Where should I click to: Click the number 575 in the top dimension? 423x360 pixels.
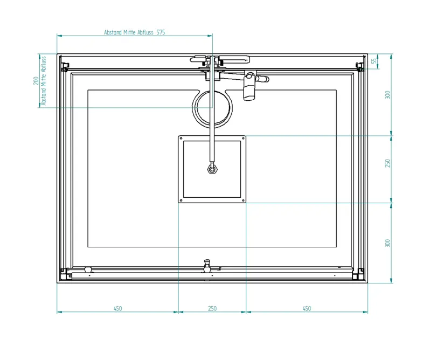(161, 32)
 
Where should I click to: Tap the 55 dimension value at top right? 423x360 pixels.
(374, 61)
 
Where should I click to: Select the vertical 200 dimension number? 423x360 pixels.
(36, 81)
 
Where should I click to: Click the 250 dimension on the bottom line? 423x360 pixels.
(212, 308)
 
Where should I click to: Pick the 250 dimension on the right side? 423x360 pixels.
(387, 163)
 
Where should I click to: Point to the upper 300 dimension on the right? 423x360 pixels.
(387, 95)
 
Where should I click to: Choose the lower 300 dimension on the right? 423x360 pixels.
(387, 243)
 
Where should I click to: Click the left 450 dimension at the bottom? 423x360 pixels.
(118, 308)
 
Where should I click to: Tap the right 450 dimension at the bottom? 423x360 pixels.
(307, 308)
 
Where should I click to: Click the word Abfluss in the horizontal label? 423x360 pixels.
(145, 32)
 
